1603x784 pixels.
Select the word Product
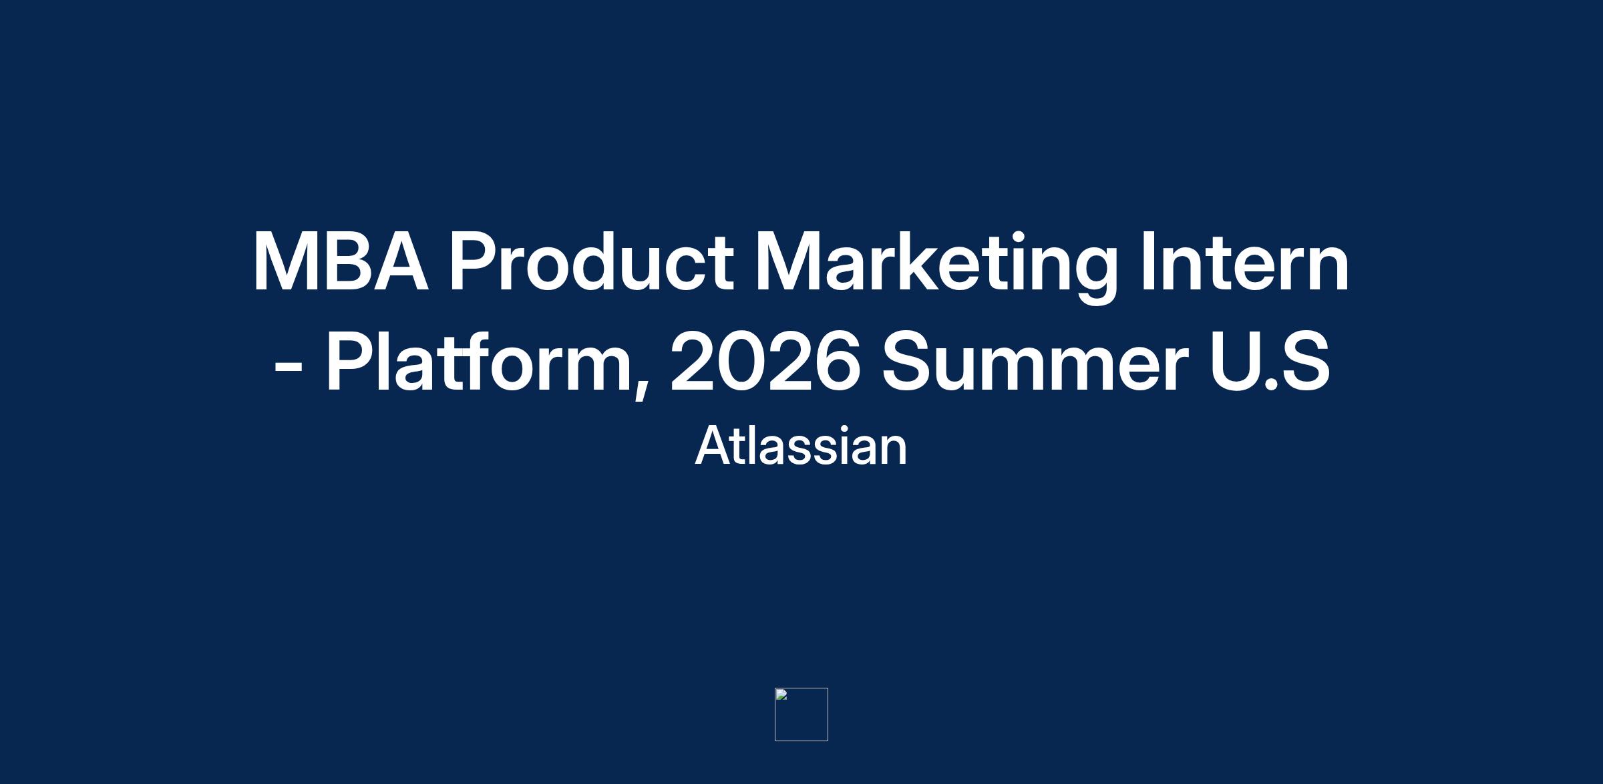tap(591, 261)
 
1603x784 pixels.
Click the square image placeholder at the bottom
tap(801, 714)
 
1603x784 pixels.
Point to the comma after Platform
tap(641, 388)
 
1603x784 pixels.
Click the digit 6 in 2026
tap(835, 360)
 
